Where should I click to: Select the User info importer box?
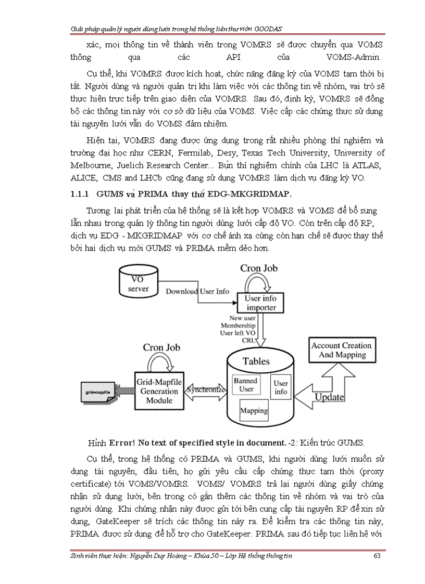[261, 303]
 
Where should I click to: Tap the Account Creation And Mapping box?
[341, 350]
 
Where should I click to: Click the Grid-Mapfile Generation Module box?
[158, 392]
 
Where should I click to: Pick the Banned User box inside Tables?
[245, 385]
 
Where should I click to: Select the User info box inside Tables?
[281, 387]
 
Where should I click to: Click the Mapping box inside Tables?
[254, 410]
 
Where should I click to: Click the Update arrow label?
[330, 397]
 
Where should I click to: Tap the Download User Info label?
[197, 291]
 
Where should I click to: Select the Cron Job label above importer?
[259, 268]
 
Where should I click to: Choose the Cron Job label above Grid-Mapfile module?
[161, 347]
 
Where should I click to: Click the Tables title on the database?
[256, 361]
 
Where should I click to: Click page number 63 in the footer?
[378, 556]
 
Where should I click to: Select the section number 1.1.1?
[80, 193]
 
